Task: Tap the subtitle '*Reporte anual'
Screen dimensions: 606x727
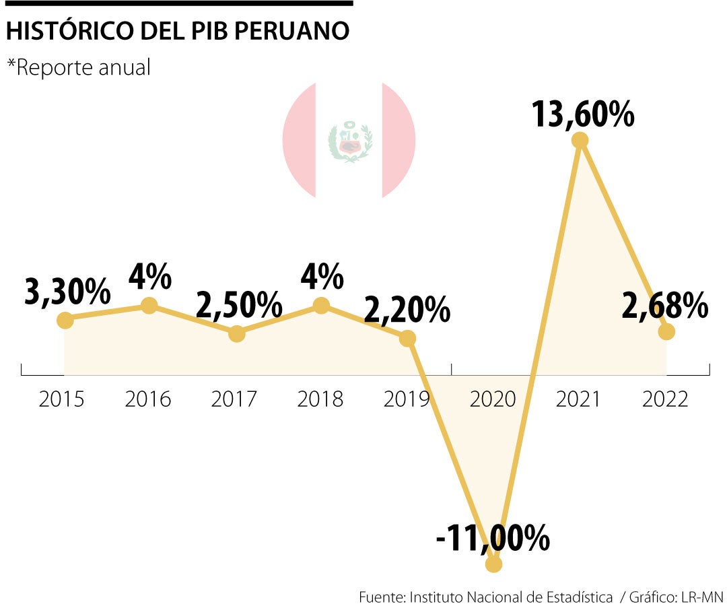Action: [x=79, y=67]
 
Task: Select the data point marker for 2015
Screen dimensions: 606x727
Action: [x=65, y=320]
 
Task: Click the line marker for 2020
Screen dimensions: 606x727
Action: [x=493, y=564]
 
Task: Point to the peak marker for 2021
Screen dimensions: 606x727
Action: [x=580, y=140]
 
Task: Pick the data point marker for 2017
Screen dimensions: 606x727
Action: [x=236, y=333]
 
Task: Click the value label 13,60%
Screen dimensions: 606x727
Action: [x=582, y=114]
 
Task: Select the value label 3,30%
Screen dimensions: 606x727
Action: [x=67, y=292]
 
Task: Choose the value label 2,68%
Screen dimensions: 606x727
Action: [x=664, y=306]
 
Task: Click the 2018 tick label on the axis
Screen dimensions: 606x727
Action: [x=320, y=399]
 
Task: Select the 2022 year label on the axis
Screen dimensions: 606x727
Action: [x=665, y=399]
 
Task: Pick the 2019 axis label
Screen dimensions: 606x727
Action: [x=407, y=399]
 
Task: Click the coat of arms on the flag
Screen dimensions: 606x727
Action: [x=349, y=141]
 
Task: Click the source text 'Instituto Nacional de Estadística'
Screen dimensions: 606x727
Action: [x=511, y=597]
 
